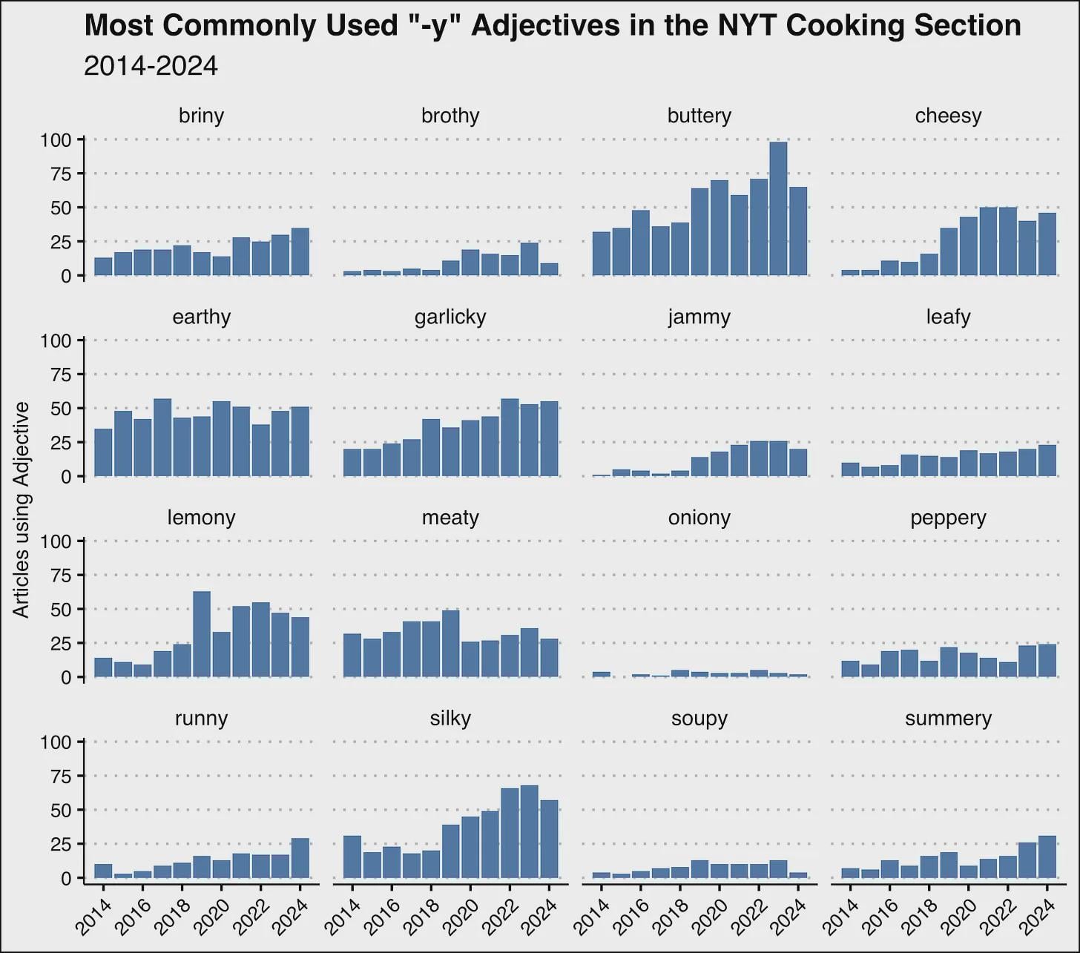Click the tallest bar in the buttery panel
(778, 209)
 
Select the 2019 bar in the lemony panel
(202, 634)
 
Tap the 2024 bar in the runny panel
(300, 858)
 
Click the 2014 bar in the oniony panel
(602, 674)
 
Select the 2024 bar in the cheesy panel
(1047, 244)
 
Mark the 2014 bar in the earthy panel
(104, 452)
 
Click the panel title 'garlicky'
(450, 317)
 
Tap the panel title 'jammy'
(699, 317)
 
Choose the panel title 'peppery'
(948, 518)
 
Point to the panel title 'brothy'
(450, 116)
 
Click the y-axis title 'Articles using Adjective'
(22, 510)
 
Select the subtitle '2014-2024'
(151, 66)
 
